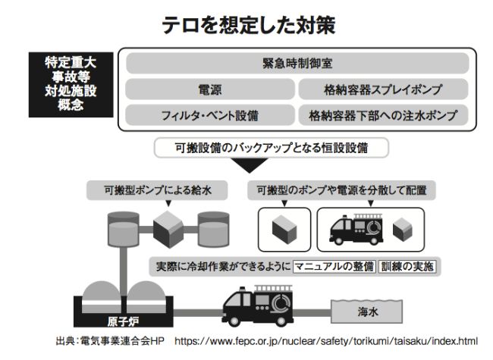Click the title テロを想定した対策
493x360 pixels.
(x=248, y=25)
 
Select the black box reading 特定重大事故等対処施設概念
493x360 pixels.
(x=71, y=84)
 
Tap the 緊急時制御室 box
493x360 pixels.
(x=297, y=63)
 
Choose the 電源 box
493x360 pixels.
(x=210, y=89)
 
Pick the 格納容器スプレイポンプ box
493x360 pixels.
(x=383, y=89)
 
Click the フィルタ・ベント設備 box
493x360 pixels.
(x=210, y=115)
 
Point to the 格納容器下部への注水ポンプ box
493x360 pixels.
(x=383, y=115)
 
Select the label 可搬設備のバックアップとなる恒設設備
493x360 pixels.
(x=272, y=148)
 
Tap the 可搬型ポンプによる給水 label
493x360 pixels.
(x=157, y=190)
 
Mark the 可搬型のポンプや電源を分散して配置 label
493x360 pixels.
(x=341, y=190)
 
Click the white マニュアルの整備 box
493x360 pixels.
(x=334, y=266)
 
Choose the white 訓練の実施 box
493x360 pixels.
(x=407, y=266)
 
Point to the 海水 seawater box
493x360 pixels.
(x=367, y=311)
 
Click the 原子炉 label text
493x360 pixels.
(x=123, y=321)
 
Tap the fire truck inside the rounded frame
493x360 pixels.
(x=356, y=230)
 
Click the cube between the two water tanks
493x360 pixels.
(x=168, y=230)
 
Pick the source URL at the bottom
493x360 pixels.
(x=326, y=341)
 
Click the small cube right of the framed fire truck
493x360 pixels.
(x=403, y=230)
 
